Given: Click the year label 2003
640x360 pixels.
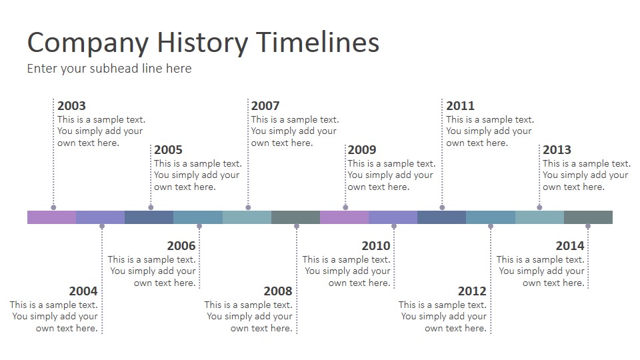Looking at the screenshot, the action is click(71, 106).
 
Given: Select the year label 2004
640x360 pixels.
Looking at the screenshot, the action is click(83, 291).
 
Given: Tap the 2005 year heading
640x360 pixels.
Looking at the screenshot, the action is click(168, 150).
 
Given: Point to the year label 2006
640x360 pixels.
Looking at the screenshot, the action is click(181, 246).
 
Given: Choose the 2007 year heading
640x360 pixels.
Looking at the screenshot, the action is click(265, 106).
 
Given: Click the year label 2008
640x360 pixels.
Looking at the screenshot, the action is click(278, 291).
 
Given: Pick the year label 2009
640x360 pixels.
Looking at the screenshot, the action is click(362, 150).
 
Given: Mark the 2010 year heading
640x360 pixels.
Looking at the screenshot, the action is click(376, 246).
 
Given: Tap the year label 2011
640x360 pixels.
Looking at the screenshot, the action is click(461, 106).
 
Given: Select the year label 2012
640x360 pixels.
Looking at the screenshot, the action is click(472, 291).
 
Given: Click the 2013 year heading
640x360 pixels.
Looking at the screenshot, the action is click(557, 150).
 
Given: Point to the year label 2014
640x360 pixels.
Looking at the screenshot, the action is click(570, 246).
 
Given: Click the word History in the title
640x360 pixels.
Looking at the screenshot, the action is click(203, 43).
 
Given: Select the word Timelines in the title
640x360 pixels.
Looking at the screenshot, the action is click(318, 42).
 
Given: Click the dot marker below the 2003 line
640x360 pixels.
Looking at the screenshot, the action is click(53, 207).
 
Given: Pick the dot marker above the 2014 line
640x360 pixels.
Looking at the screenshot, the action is click(588, 226).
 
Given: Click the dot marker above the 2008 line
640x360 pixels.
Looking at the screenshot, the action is click(297, 226).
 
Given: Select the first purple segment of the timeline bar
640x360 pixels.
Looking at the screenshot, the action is click(52, 217).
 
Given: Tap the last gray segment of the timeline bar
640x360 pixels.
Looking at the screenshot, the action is click(588, 217).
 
